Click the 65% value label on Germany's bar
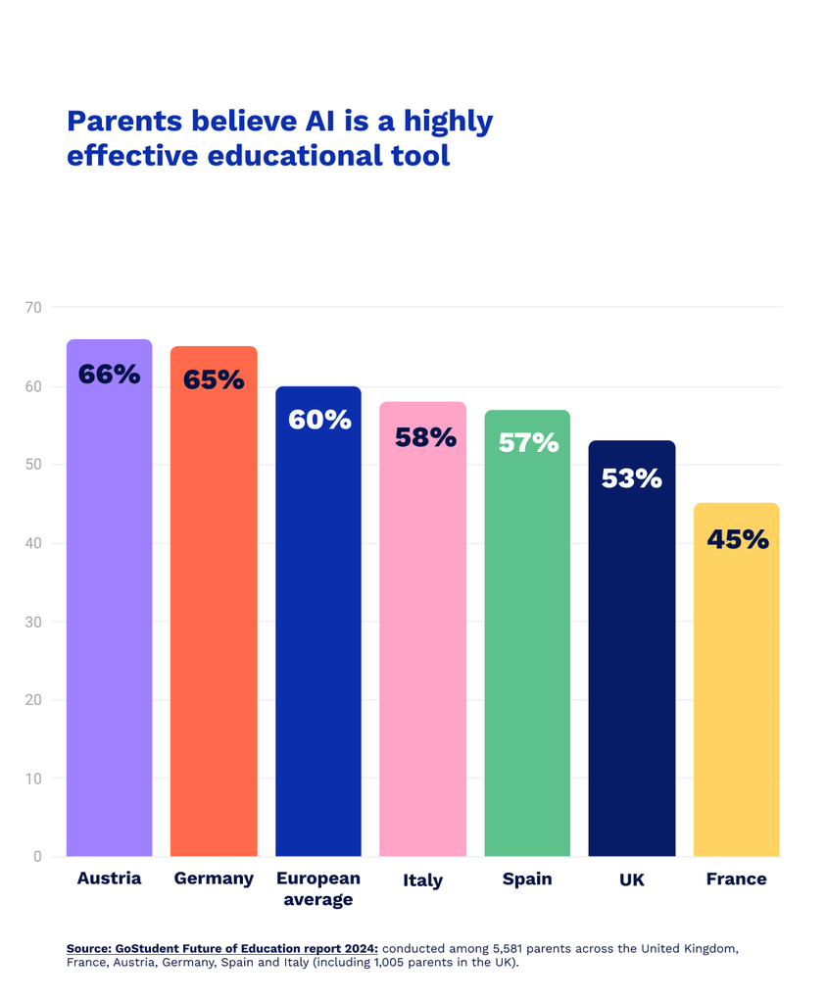coord(214,379)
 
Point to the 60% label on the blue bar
coord(318,420)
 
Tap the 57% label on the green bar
coord(527,442)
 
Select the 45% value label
coord(736,538)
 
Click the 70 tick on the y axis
coord(33,307)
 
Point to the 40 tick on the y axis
coord(33,543)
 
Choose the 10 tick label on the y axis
coord(33,778)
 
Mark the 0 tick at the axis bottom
coord(37,857)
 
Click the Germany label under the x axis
coord(214,878)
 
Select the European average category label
coord(318,888)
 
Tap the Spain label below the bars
coord(527,878)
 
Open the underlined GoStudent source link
coord(222,949)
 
